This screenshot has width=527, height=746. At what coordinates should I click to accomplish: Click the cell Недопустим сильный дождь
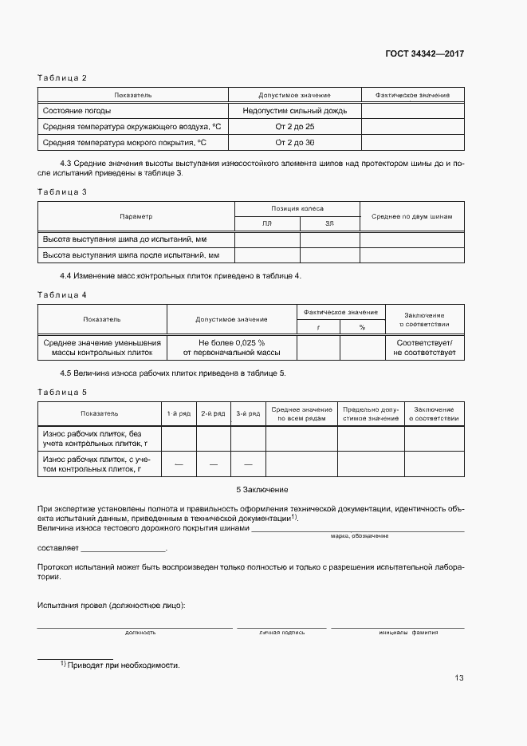pyautogui.click(x=295, y=111)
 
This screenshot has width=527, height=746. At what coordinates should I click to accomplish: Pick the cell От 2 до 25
pyautogui.click(x=295, y=127)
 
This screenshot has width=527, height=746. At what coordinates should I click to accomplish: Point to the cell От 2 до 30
pyautogui.click(x=295, y=143)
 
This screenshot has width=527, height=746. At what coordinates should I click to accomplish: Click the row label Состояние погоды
pyautogui.click(x=77, y=111)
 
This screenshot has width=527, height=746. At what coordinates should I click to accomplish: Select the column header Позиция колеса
pyautogui.click(x=297, y=208)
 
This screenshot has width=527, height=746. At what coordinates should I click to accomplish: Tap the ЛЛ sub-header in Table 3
pyautogui.click(x=266, y=225)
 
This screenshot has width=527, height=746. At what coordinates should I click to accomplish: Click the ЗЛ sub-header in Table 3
pyautogui.click(x=329, y=225)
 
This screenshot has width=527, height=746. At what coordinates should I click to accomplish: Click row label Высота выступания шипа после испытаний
pyautogui.click(x=130, y=255)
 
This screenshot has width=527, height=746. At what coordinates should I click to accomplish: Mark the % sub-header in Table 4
pyautogui.click(x=361, y=327)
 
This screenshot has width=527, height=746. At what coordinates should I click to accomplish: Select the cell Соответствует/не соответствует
pyautogui.click(x=424, y=347)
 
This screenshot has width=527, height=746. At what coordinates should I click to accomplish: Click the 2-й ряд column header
pyautogui.click(x=213, y=413)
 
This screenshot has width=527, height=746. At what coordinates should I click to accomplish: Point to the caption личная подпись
pyautogui.click(x=281, y=632)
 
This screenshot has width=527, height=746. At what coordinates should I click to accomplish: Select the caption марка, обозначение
pyautogui.click(x=359, y=536)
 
